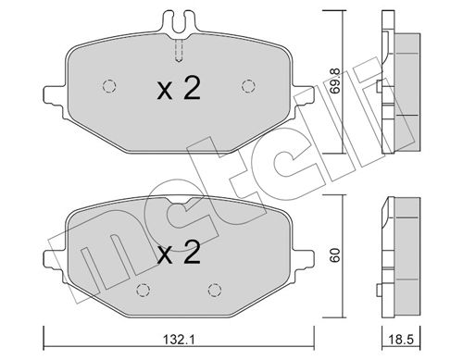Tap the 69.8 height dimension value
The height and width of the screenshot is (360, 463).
pyautogui.click(x=334, y=81)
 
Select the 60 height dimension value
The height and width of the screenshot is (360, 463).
pyautogui.click(x=334, y=254)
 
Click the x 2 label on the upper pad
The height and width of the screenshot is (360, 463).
pyautogui.click(x=179, y=89)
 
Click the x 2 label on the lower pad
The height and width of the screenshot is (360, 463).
pyautogui.click(x=179, y=253)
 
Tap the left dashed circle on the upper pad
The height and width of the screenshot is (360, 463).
pyautogui.click(x=109, y=86)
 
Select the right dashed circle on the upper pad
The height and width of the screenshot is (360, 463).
pyautogui.click(x=248, y=86)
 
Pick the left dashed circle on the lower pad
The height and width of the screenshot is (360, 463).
pyautogui.click(x=143, y=290)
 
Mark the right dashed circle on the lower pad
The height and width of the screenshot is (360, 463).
pyautogui.click(x=215, y=290)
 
